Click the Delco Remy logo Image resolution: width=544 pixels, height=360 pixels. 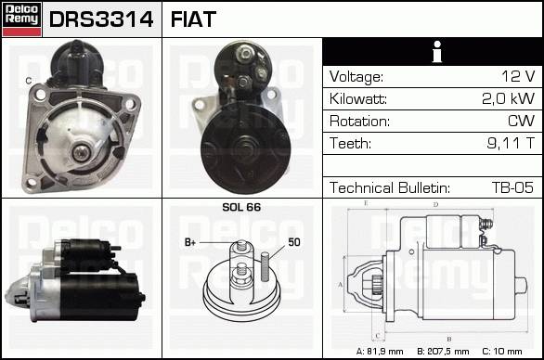coord(22,19)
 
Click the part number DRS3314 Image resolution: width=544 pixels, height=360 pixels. coord(101,19)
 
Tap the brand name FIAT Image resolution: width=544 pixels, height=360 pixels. coord(193,19)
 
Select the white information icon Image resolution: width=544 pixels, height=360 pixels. coord(437,52)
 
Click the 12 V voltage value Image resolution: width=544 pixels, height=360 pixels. coord(518,76)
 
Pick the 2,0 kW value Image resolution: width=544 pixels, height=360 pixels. coord(508,98)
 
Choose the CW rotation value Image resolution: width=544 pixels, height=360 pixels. coord(521,121)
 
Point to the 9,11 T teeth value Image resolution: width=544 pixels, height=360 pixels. coord(511,143)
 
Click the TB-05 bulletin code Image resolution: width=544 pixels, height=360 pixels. coord(512,187)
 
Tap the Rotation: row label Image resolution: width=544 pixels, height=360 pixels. coord(359,121)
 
